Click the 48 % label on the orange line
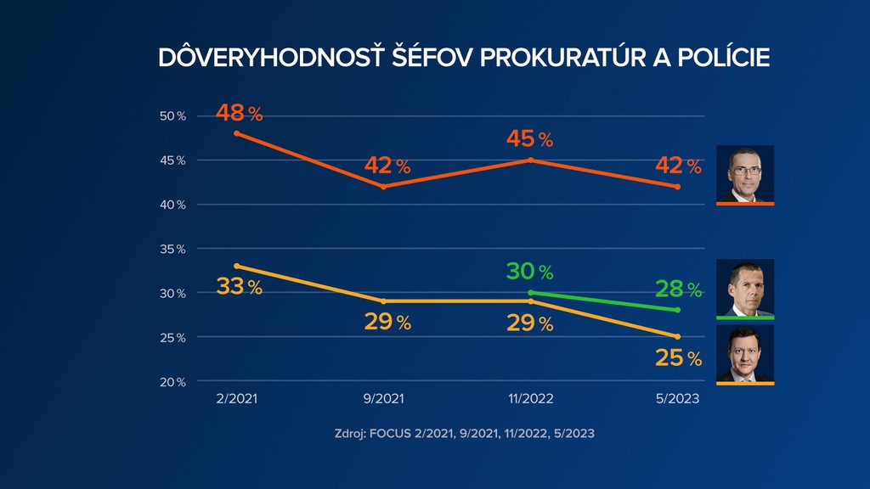238,113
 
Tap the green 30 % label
530,272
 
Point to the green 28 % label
677,289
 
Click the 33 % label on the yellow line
239,287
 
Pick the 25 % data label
678,358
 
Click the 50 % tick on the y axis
175,115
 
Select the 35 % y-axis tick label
175,249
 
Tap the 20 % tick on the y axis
175,381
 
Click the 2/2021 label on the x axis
237,399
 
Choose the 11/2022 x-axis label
530,399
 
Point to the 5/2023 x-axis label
677,399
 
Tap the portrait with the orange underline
745,173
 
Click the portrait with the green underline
745,287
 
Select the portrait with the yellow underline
745,353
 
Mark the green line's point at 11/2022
530,293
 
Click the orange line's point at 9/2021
384,186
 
